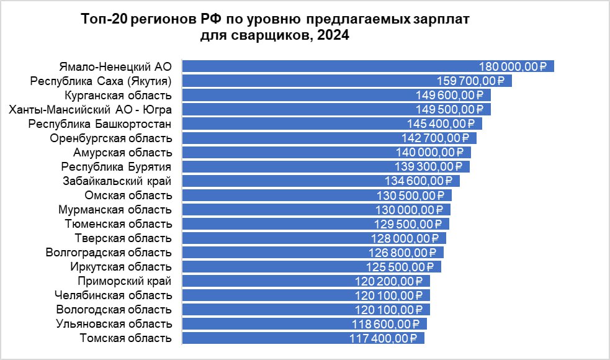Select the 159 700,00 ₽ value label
point(471,81)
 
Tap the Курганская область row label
point(118,95)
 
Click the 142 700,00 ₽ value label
point(436,138)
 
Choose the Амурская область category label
point(122,152)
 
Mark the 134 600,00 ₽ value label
point(419,181)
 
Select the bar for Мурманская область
point(279,209)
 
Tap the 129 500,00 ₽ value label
point(408,223)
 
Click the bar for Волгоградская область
point(273,252)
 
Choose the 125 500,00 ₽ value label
point(400,266)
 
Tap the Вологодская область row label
point(114,309)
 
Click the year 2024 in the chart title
point(333,36)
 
